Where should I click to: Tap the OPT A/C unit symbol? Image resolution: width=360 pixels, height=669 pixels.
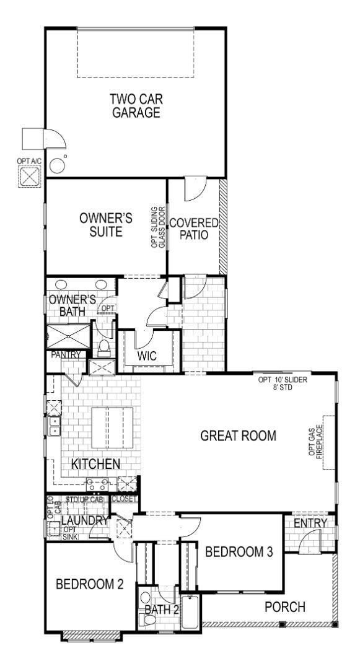pyautogui.click(x=29, y=177)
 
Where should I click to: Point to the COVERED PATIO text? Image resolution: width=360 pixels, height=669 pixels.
pyautogui.click(x=194, y=229)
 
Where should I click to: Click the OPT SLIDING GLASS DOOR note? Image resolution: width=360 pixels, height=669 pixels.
pyautogui.click(x=159, y=227)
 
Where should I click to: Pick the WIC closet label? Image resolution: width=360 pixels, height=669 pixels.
pyautogui.click(x=146, y=356)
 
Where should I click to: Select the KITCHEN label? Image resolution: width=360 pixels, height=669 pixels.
pyautogui.click(x=95, y=463)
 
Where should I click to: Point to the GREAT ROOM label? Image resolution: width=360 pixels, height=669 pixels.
pyautogui.click(x=238, y=435)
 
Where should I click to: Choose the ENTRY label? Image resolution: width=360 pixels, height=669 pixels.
pyautogui.click(x=310, y=524)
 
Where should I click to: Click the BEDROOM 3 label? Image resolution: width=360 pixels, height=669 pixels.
pyautogui.click(x=239, y=552)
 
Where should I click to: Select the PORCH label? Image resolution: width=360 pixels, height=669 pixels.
pyautogui.click(x=285, y=607)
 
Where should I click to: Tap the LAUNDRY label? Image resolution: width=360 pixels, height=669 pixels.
pyautogui.click(x=86, y=521)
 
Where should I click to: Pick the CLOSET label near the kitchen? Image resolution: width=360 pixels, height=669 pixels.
pyautogui.click(x=125, y=498)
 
